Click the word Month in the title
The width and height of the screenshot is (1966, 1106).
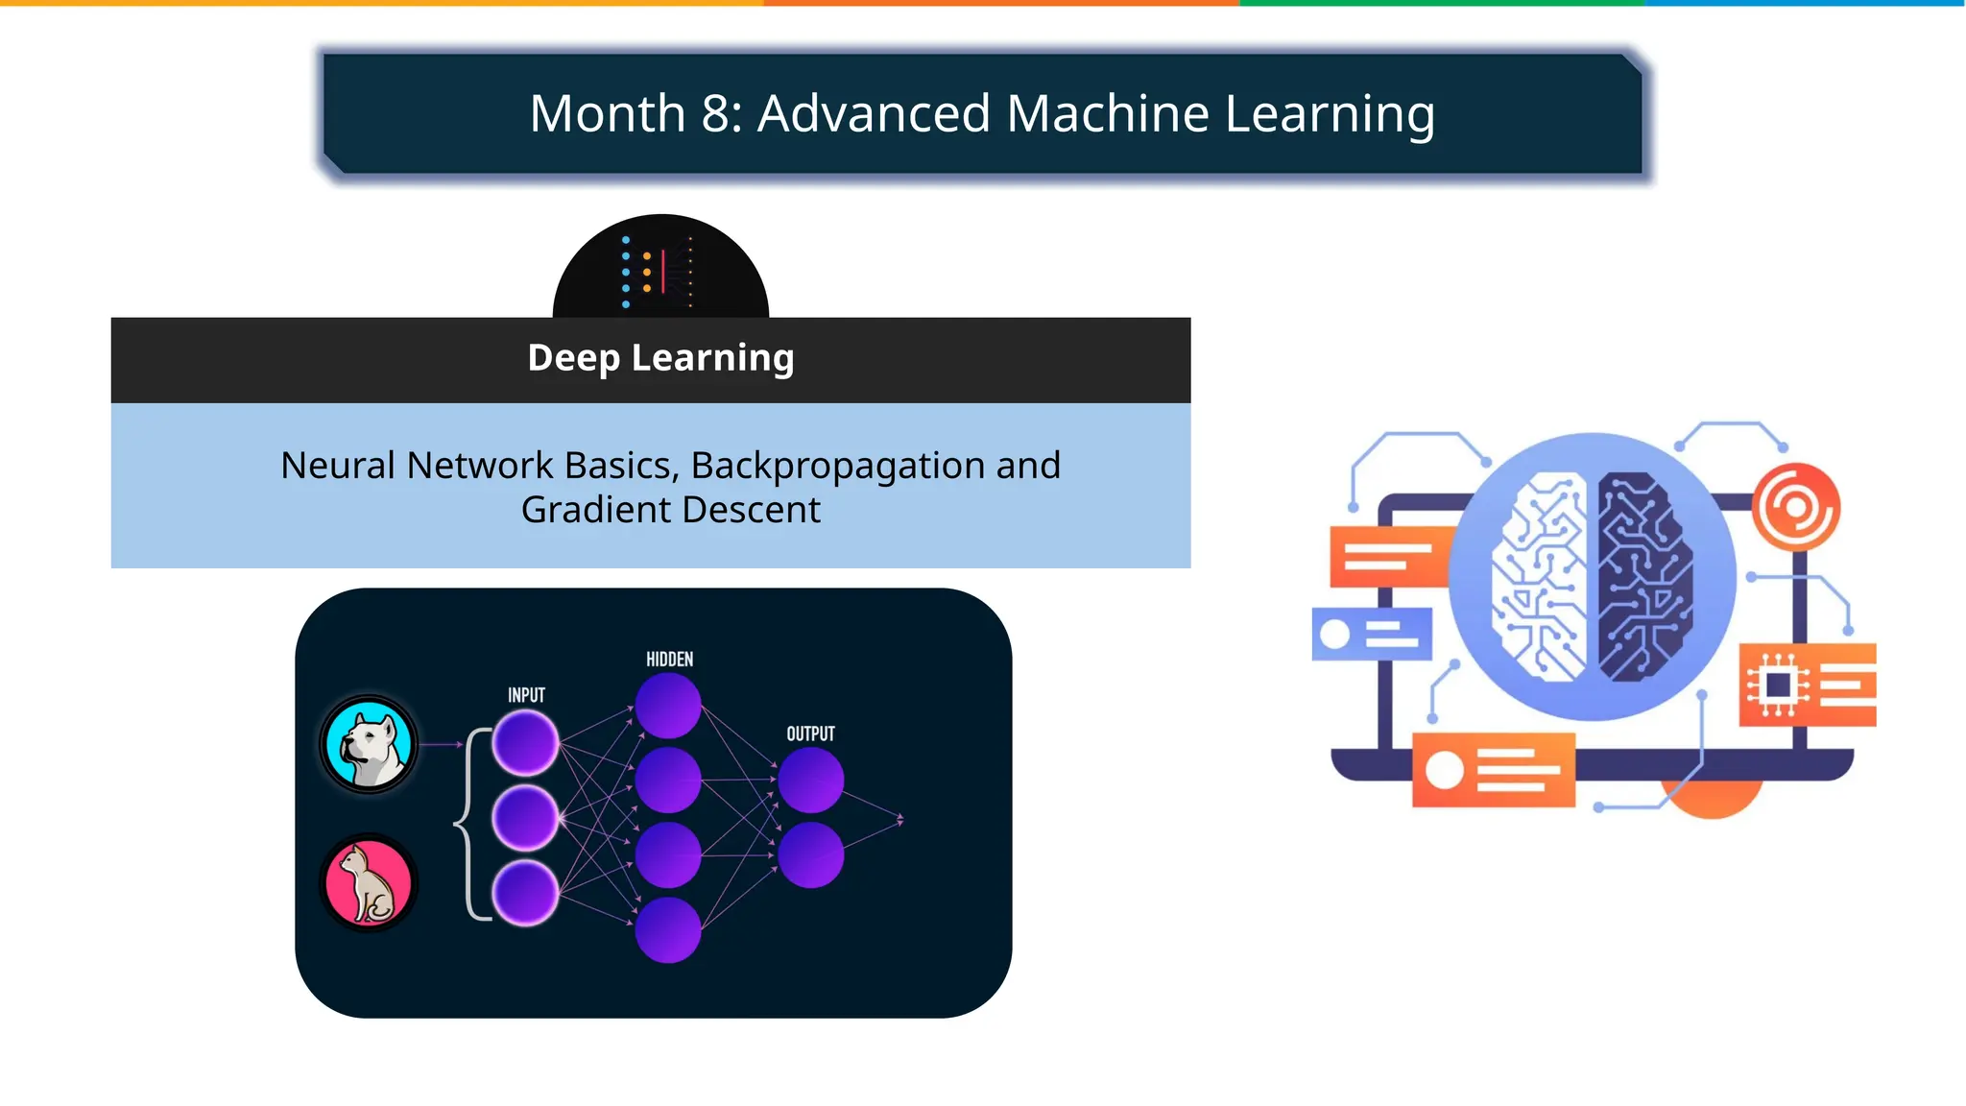607,113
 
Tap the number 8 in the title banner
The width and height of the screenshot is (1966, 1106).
716,113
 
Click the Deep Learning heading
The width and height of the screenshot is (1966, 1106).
660,358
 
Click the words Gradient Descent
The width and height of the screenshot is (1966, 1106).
670,510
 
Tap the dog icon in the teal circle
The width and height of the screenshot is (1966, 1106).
369,744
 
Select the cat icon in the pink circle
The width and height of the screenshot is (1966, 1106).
369,882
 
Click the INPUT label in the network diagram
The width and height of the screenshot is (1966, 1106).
526,695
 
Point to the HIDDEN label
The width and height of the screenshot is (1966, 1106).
669,660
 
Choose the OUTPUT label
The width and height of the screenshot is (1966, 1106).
810,734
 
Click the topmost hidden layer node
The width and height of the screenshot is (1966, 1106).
668,706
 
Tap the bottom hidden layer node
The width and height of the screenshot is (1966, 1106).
668,930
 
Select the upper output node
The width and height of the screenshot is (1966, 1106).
810,781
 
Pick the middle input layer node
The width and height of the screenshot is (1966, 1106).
525,818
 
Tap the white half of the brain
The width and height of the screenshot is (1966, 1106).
1540,576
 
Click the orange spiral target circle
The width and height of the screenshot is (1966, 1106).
1795,507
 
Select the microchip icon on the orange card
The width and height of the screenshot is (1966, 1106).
1777,685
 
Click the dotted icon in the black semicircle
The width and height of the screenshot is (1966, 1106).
659,271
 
